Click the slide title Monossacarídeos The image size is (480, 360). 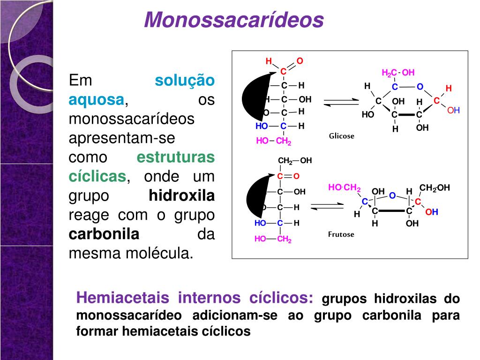pos(234,20)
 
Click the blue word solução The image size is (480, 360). pos(185,81)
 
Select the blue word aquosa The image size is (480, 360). pos(97,100)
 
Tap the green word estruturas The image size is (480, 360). pos(175,157)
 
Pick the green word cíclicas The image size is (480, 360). pos(97,176)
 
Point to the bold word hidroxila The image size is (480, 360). pos(181,195)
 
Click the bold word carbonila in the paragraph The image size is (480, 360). pos(104,234)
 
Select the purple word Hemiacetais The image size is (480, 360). pos(122,298)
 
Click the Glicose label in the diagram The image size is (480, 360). pos(342,136)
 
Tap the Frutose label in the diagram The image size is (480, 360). pos(341,234)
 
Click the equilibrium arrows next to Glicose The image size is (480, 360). pos(341,102)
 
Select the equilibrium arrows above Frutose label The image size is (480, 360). pos(327,206)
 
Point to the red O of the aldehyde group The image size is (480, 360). pos(300,61)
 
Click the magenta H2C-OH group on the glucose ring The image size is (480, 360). pos(398,73)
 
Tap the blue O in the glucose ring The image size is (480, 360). pos(420,87)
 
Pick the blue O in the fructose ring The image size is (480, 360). pos(392,195)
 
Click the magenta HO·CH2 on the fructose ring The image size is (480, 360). pos(344,187)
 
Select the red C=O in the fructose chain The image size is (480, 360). pos(288,176)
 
